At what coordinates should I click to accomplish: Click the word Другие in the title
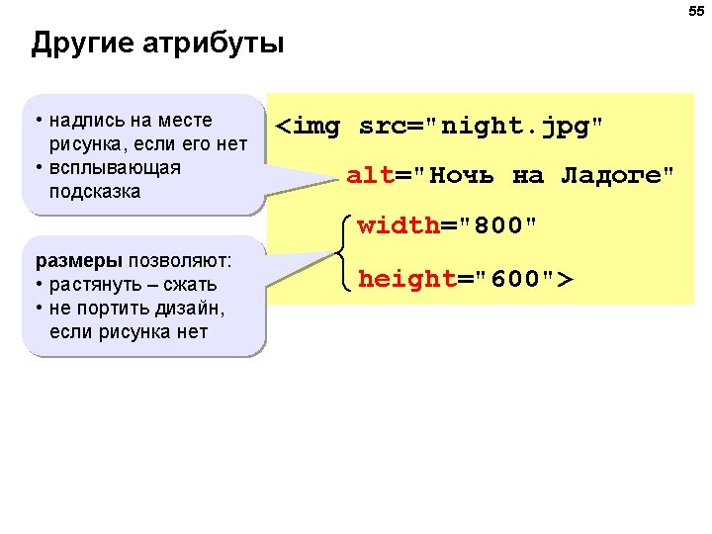[x=83, y=44]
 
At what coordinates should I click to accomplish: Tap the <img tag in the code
[x=308, y=127]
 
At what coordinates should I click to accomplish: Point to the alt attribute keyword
[x=370, y=176]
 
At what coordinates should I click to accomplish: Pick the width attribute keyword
[x=399, y=225]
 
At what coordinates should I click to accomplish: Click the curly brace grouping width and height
[x=343, y=252]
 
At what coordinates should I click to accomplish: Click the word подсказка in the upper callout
[x=95, y=191]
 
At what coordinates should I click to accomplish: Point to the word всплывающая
[x=115, y=167]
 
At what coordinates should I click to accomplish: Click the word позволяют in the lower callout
[x=180, y=261]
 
